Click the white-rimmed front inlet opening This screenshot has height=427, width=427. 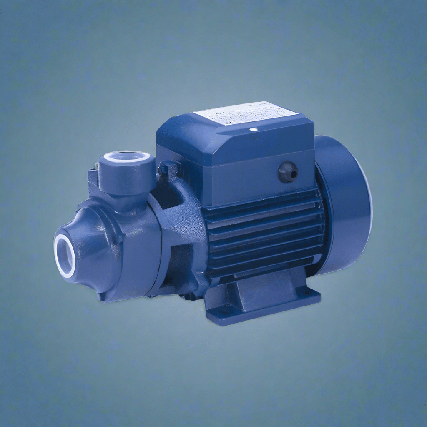point(65,256)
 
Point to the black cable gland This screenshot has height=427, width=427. point(288,172)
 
